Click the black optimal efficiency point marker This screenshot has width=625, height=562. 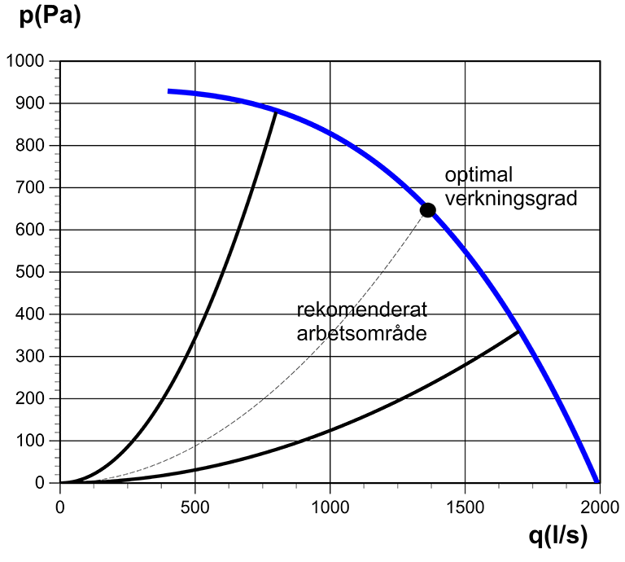427,210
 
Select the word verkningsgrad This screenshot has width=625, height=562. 500,198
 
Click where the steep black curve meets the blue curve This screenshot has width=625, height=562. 277,110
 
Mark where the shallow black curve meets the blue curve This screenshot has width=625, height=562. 519,331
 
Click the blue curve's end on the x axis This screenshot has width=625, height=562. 599,482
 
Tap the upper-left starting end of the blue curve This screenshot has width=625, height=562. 169,91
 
